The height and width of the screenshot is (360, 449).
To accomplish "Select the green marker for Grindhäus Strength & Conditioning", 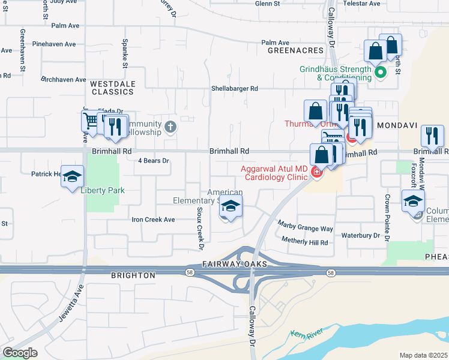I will click(x=379, y=73).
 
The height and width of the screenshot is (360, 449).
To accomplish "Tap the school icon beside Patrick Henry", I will click(x=72, y=176).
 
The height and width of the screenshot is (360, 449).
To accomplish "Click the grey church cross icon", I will click(x=171, y=127).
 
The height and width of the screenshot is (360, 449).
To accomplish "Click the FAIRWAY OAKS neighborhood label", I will click(x=229, y=264).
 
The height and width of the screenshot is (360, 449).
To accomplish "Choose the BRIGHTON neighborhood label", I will click(x=133, y=275).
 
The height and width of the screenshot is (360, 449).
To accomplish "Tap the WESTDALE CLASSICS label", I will click(x=112, y=88).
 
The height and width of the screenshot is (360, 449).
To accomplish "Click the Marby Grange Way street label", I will click(x=305, y=226).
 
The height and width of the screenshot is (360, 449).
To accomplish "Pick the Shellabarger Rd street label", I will click(x=234, y=88).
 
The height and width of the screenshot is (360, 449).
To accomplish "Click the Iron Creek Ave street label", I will click(x=153, y=220).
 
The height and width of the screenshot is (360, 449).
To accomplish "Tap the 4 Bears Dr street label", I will click(x=154, y=161).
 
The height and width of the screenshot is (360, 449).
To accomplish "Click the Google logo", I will click(x=20, y=353).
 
